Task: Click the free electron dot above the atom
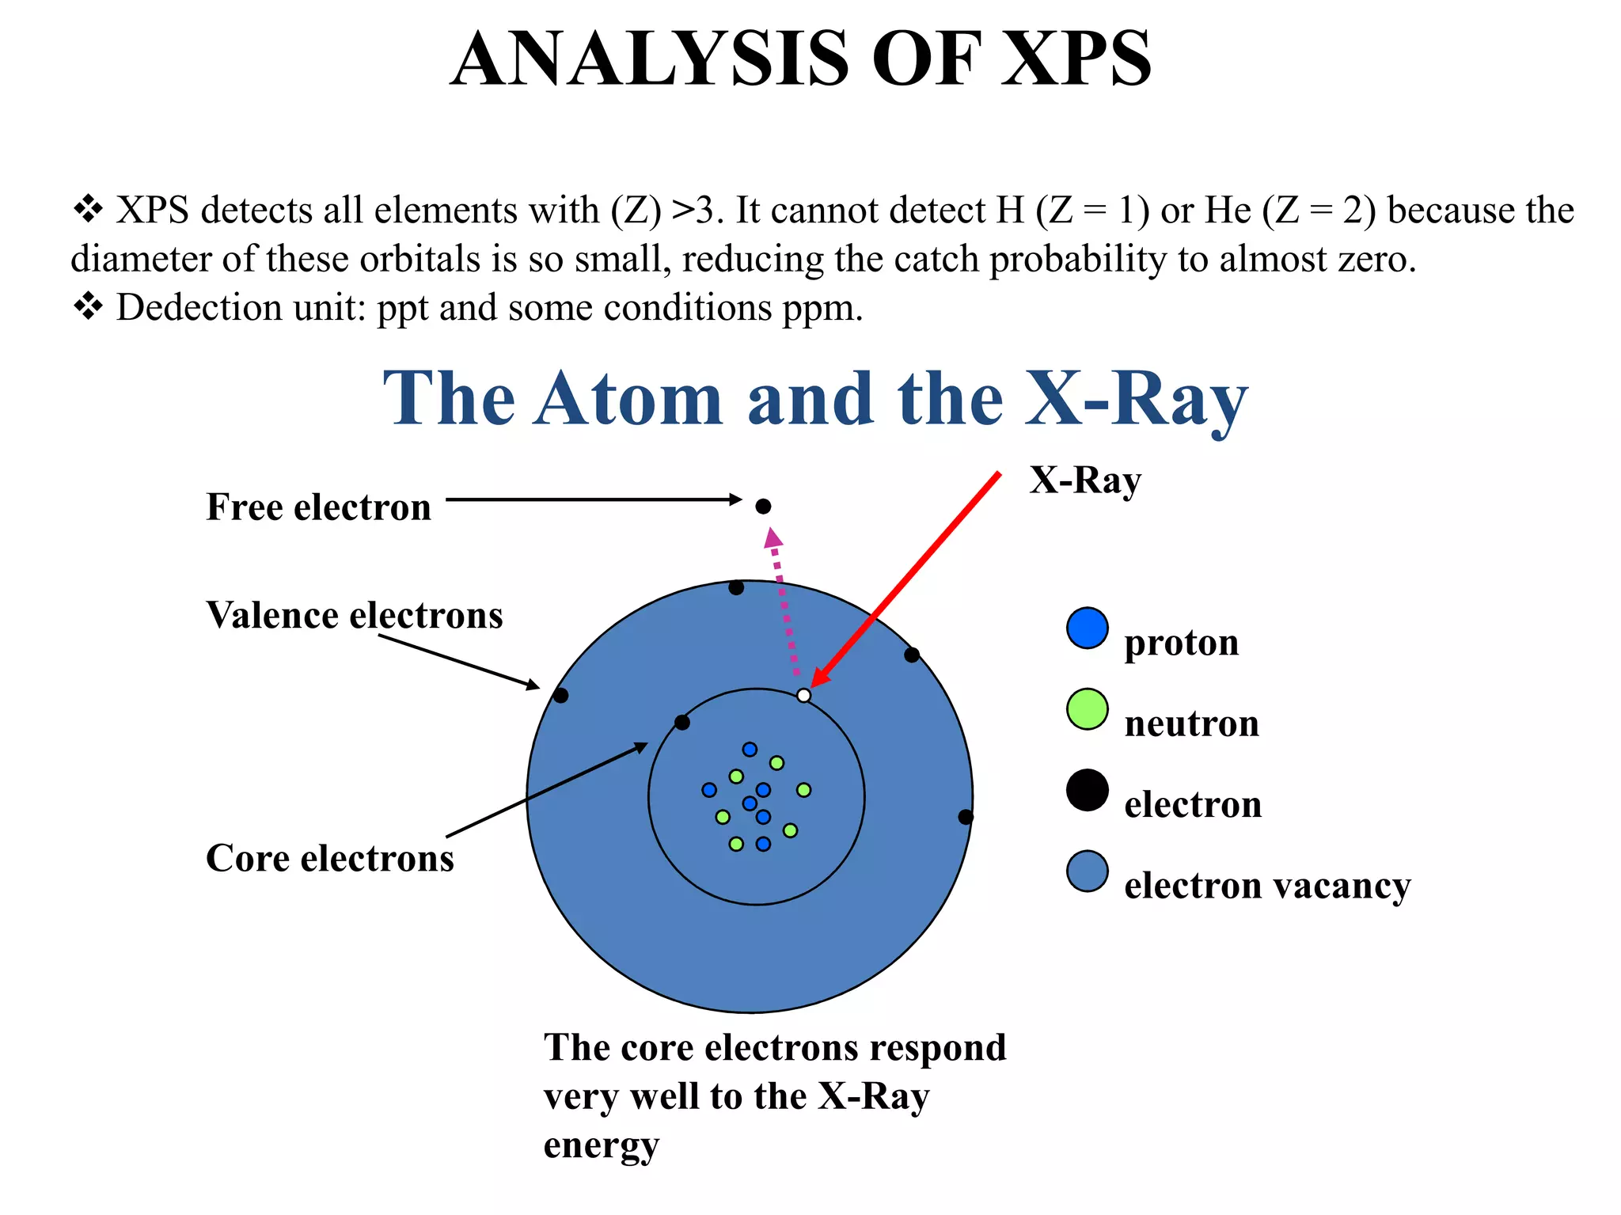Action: [763, 507]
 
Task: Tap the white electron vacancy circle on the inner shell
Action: [803, 695]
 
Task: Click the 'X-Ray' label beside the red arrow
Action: [1085, 480]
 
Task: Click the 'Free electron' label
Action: [318, 507]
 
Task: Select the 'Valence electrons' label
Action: [354, 615]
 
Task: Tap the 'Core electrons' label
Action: [330, 858]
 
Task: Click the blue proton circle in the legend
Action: [1087, 628]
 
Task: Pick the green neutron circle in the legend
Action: [1087, 709]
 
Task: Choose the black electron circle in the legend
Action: [1087, 790]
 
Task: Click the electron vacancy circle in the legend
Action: [1087, 871]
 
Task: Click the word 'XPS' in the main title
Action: [1076, 59]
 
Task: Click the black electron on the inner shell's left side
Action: [682, 722]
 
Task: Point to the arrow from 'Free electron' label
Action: [594, 499]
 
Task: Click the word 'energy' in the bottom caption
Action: [601, 1146]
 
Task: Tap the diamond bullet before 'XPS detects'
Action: [88, 210]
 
